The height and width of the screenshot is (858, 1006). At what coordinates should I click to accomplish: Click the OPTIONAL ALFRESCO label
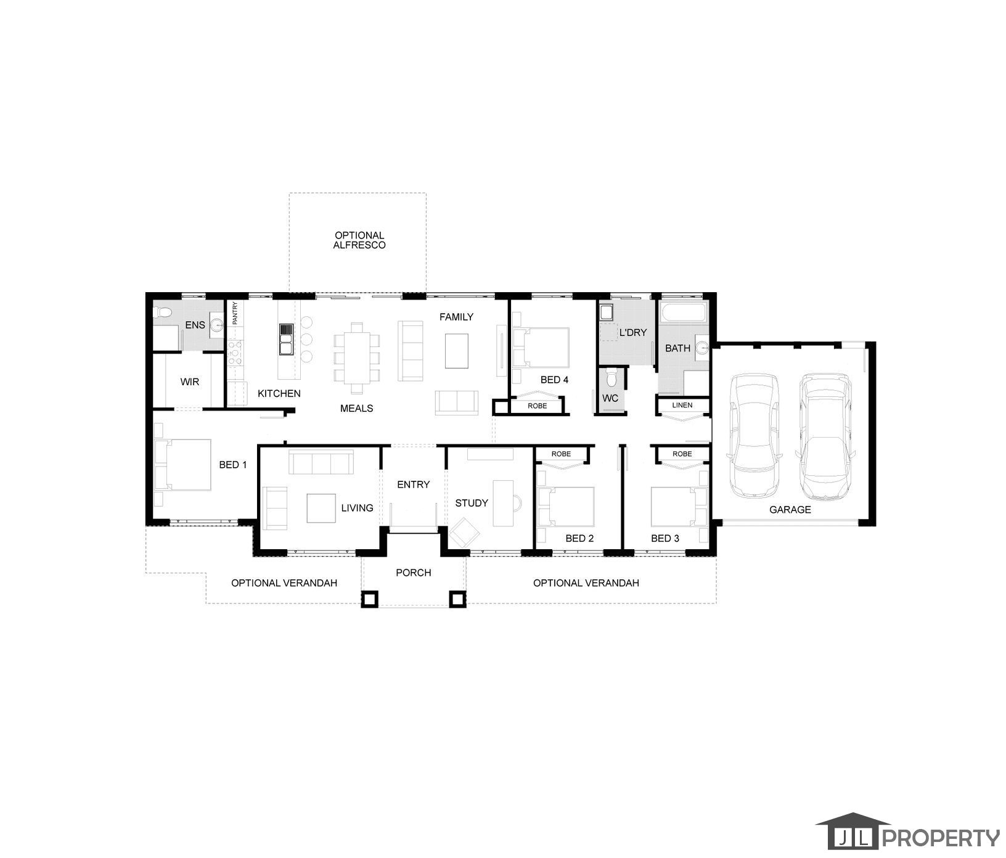click(x=359, y=240)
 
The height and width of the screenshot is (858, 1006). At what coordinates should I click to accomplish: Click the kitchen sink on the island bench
click(x=286, y=340)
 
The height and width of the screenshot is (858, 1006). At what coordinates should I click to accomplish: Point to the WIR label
click(x=190, y=382)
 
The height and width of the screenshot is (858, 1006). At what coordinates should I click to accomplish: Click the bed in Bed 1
click(x=182, y=464)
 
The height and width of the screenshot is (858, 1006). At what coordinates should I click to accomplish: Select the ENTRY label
click(x=414, y=484)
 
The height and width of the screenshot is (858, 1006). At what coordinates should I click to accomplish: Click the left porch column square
click(x=369, y=599)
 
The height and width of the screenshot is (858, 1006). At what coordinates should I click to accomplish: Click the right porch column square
click(x=457, y=599)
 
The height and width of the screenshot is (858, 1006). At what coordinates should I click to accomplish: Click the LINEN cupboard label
click(x=682, y=405)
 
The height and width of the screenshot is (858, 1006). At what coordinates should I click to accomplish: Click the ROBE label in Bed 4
click(x=537, y=406)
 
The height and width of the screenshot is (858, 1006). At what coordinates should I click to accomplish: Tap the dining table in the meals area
click(x=357, y=358)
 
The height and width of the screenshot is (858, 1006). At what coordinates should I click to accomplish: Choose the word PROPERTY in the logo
click(x=941, y=838)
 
